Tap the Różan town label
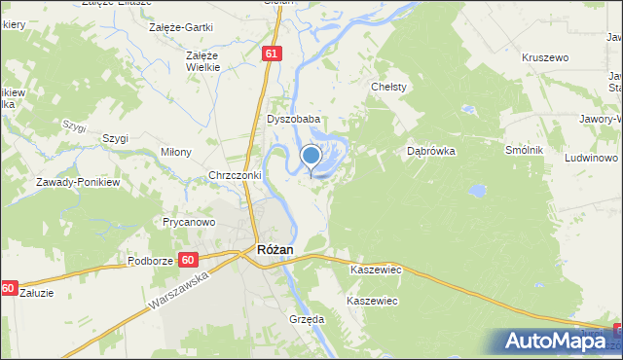pos(275,250)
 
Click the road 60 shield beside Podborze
pos(189,260)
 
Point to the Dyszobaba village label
pos(294,120)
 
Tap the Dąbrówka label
pos(431,152)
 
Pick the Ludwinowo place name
pos(591,158)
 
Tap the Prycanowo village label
pos(188,222)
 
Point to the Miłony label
pos(175,153)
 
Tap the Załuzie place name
pos(37,291)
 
